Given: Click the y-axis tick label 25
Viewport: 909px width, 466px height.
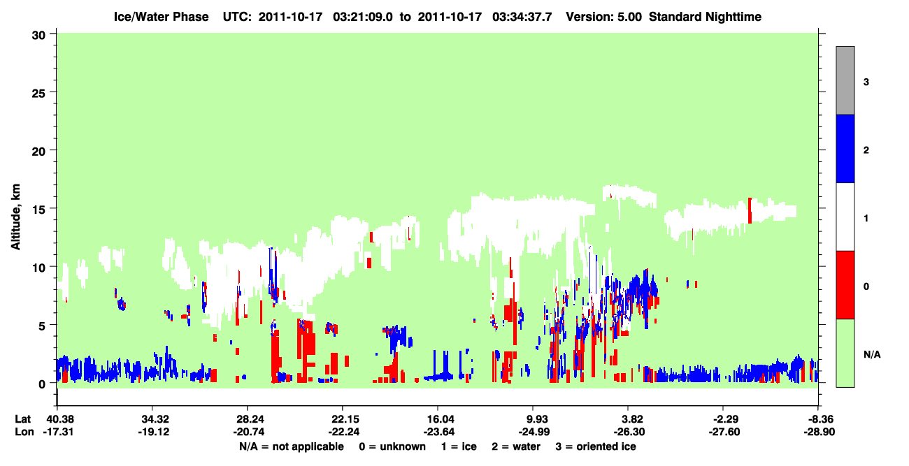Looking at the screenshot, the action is pos(38,93).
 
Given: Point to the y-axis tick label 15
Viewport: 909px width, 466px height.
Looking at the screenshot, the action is pos(38,210).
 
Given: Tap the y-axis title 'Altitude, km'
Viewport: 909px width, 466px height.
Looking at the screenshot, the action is pos(15,217).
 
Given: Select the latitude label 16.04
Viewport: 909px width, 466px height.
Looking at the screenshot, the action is pos(438,419).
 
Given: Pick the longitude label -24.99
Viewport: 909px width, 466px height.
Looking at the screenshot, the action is pos(534,432).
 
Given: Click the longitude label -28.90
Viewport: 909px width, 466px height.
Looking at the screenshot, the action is pos(819,432).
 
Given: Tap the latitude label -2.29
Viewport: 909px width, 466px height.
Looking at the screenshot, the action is pos(724,419).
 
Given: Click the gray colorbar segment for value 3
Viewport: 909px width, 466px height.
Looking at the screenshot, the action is pos(845,80).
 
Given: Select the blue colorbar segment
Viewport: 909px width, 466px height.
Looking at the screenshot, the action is pos(845,148).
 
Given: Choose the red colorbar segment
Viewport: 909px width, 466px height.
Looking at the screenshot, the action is pos(845,285).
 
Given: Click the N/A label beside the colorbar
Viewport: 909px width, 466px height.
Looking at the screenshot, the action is pos(872,355).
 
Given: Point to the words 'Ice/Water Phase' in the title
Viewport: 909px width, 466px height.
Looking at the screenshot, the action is pos(161,17).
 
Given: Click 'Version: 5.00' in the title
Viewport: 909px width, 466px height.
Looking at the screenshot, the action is pos(604,17).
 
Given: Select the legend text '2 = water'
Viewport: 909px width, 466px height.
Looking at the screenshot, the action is pos(516,446).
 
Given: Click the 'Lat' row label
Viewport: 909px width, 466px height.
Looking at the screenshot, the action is pos(22,419).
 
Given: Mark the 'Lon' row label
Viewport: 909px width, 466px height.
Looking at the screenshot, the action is pos(24,432).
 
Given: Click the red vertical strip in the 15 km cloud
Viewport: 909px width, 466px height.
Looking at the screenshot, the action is pos(750,210).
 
